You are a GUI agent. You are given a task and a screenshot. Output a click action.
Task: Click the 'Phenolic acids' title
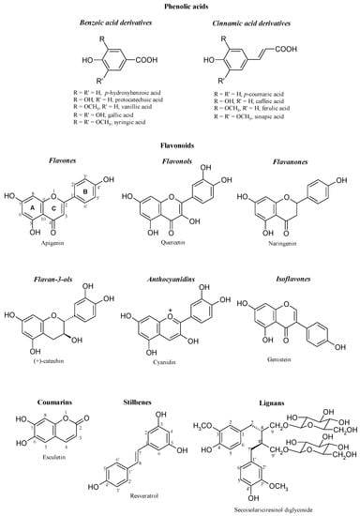[180, 6]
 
